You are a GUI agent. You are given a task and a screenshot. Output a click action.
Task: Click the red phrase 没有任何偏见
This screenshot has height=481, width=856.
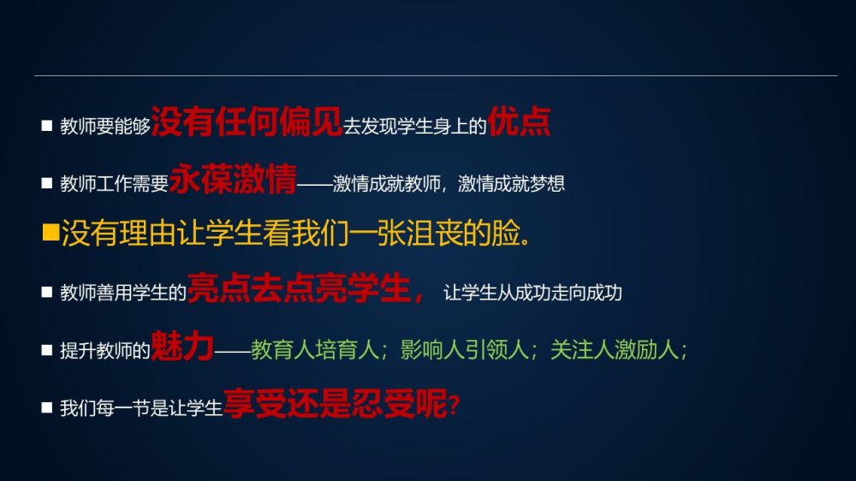tap(247, 122)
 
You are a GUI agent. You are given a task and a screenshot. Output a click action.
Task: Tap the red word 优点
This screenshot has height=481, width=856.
tap(520, 122)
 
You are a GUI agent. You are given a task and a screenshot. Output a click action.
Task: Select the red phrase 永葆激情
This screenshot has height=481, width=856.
tap(233, 179)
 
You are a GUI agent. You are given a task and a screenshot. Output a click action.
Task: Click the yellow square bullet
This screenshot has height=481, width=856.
tap(51, 232)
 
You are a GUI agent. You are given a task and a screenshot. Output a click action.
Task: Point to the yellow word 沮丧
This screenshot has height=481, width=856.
tap(434, 233)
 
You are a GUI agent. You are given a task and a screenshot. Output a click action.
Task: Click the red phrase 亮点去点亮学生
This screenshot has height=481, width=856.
tap(299, 288)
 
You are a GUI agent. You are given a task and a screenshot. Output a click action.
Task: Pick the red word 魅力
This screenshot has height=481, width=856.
tap(181, 346)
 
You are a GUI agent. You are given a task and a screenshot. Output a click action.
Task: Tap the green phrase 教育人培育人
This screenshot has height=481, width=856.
tap(315, 350)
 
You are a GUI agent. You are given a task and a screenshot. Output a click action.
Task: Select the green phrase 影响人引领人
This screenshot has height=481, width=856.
tap(465, 350)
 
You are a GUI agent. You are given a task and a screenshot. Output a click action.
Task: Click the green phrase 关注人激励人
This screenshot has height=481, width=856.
tap(615, 350)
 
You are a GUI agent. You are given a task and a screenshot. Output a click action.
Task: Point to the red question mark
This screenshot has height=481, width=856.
tap(455, 406)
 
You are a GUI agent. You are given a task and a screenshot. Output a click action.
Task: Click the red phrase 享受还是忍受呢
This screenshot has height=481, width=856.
tap(336, 403)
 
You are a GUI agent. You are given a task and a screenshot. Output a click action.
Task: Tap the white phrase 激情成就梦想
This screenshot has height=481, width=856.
tap(511, 183)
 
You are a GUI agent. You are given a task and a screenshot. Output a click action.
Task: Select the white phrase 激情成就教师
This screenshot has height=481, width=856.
tap(387, 183)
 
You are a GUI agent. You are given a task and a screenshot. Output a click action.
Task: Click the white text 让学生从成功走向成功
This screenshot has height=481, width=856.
tap(532, 294)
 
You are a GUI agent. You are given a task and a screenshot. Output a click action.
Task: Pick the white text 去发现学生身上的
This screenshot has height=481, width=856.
tap(415, 126)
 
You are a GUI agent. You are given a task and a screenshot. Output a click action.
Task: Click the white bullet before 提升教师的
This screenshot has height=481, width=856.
tap(47, 350)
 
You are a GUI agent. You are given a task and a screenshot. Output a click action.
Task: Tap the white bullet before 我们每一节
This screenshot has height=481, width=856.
tap(47, 407)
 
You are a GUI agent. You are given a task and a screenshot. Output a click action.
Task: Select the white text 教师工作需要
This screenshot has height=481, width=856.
tap(114, 183)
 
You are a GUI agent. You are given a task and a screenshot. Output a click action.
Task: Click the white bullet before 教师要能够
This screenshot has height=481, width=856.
tap(47, 126)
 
